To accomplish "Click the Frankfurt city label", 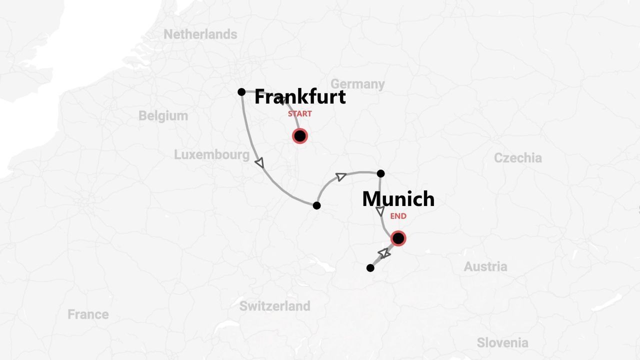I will (x=300, y=96).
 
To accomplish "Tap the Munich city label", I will (x=398, y=199).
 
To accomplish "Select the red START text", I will (x=299, y=114).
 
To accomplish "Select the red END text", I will (x=398, y=216).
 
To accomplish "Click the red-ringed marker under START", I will (x=299, y=136).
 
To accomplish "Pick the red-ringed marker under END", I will (x=398, y=238).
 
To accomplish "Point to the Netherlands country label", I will (x=200, y=34).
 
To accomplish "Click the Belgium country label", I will (x=163, y=116).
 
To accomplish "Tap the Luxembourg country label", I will (x=211, y=155).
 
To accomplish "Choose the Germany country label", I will (x=357, y=84).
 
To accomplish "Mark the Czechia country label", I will (x=517, y=158).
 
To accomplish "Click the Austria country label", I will (x=485, y=267).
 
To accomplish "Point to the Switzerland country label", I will (x=274, y=306).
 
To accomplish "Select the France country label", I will (x=88, y=314).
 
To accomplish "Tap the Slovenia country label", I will (x=502, y=343).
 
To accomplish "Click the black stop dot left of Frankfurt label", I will (x=241, y=92).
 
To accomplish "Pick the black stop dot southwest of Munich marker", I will (x=370, y=268).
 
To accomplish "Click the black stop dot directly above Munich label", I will (x=380, y=173).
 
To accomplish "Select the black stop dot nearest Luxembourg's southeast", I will (x=316, y=205).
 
